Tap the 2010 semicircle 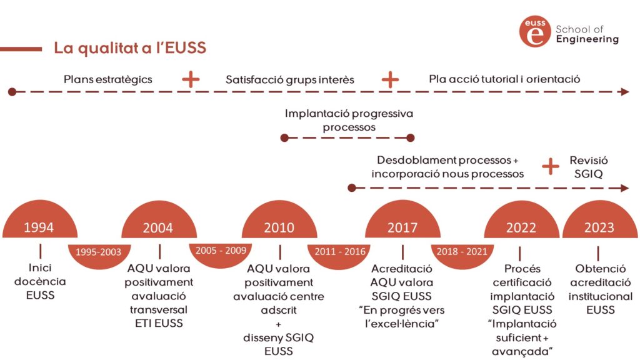click(x=279, y=226)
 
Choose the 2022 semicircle click(x=521, y=226)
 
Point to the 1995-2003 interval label click(x=99, y=252)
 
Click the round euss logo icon click(x=535, y=32)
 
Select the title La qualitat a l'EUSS click(x=130, y=48)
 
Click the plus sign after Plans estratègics click(x=190, y=79)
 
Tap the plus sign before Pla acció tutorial click(x=390, y=79)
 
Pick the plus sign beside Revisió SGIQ click(x=550, y=166)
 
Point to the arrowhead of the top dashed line click(x=624, y=92)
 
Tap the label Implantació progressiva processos click(x=349, y=121)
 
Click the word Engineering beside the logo click(x=587, y=39)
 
